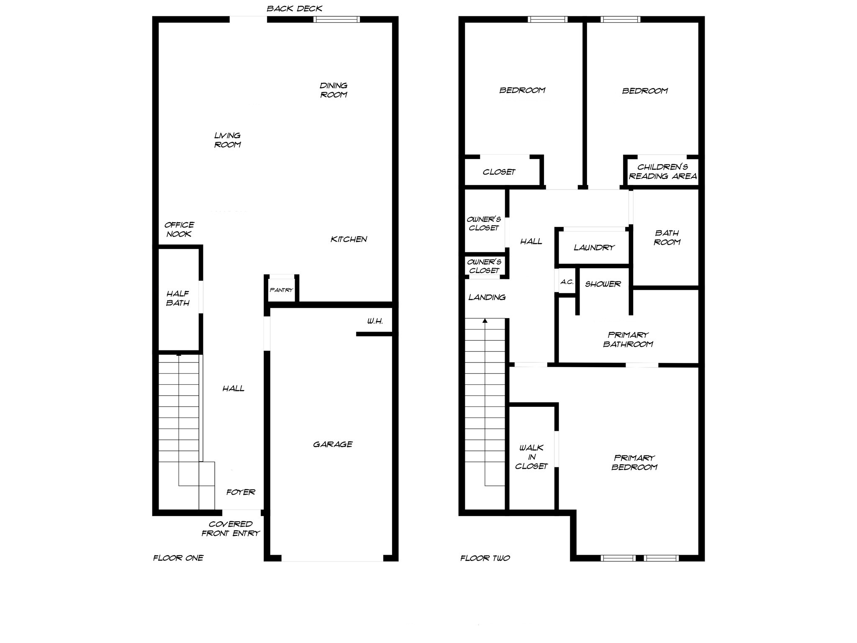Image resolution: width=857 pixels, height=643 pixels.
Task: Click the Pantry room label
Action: pos(281,290)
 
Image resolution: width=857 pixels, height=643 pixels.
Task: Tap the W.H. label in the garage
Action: pos(375,321)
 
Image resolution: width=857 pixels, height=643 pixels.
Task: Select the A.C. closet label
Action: pos(567,282)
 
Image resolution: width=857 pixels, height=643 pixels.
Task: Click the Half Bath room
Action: pos(178,298)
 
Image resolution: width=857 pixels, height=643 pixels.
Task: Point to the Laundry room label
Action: pos(594,247)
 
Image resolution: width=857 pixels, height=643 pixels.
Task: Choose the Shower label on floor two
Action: pos(603,284)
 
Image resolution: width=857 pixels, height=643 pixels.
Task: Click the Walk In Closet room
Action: pos(531,457)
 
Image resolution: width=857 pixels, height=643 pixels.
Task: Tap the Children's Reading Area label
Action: pos(663,172)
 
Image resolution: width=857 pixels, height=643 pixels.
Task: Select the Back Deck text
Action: pos(295,8)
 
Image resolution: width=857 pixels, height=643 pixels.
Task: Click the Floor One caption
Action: pos(178,558)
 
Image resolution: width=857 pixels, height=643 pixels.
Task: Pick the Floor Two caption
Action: pos(485,558)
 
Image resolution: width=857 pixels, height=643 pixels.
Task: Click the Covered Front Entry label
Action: pos(231,529)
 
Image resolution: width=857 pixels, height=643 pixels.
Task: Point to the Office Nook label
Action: pos(179,229)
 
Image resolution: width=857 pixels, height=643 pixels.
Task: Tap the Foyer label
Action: pos(241,492)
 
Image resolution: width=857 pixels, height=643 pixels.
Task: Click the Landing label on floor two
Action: pos(487,297)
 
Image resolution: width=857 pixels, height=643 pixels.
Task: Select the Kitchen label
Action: pos(349,239)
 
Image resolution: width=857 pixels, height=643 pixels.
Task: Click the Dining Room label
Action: pos(334,90)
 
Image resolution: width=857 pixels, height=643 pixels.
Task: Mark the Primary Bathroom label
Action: pos(628,340)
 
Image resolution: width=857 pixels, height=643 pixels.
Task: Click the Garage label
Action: pos(333,444)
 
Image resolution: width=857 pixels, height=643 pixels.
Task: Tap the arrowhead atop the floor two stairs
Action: pos(485,321)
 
